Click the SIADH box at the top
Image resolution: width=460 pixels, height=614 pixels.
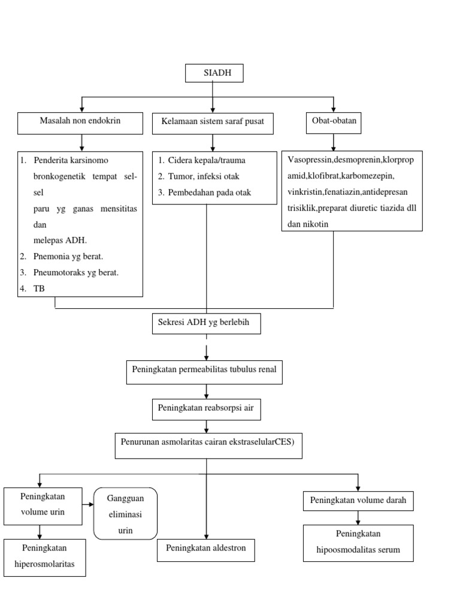[x=214, y=73]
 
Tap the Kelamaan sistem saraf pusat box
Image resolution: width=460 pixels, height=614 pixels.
[x=213, y=123]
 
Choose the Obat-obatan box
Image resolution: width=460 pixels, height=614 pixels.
[x=334, y=122]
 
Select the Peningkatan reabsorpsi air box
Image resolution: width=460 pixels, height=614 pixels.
[x=206, y=408]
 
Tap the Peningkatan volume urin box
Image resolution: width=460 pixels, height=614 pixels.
[x=43, y=505]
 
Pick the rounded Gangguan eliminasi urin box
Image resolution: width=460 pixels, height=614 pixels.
[x=125, y=514]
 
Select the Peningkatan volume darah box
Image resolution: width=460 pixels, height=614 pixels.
[x=358, y=499]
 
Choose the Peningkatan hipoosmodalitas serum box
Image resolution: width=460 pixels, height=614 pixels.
[x=358, y=542]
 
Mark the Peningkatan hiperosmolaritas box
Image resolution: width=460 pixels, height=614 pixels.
[x=44, y=557]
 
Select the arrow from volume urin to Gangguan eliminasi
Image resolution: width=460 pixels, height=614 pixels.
[x=88, y=505]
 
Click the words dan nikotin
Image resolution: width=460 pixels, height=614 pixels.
[x=308, y=223]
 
